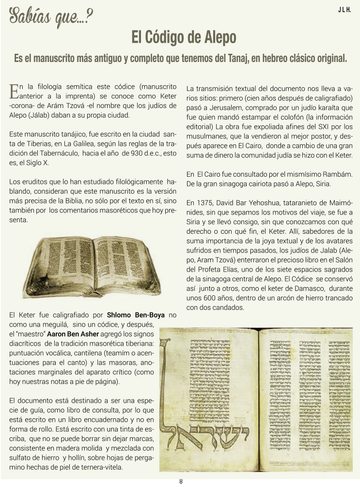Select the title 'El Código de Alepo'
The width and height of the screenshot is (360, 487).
tap(184, 37)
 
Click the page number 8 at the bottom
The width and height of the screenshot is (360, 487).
tap(181, 481)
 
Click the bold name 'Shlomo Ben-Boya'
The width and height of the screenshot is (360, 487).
tap(137, 315)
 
